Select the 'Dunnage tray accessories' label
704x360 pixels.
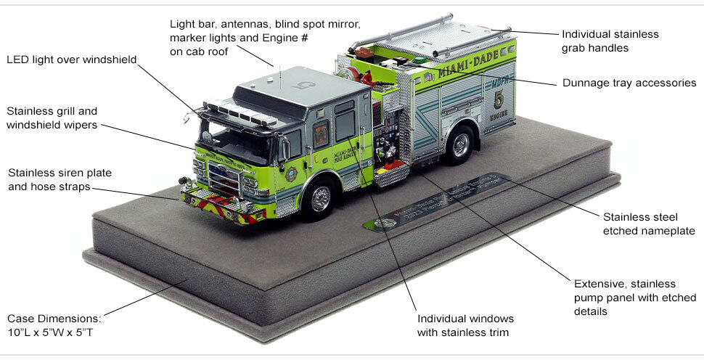629,83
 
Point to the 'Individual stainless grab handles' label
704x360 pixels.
610,41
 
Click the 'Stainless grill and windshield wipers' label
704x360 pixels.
52,118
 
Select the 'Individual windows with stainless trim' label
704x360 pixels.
464,326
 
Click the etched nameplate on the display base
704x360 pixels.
435,201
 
